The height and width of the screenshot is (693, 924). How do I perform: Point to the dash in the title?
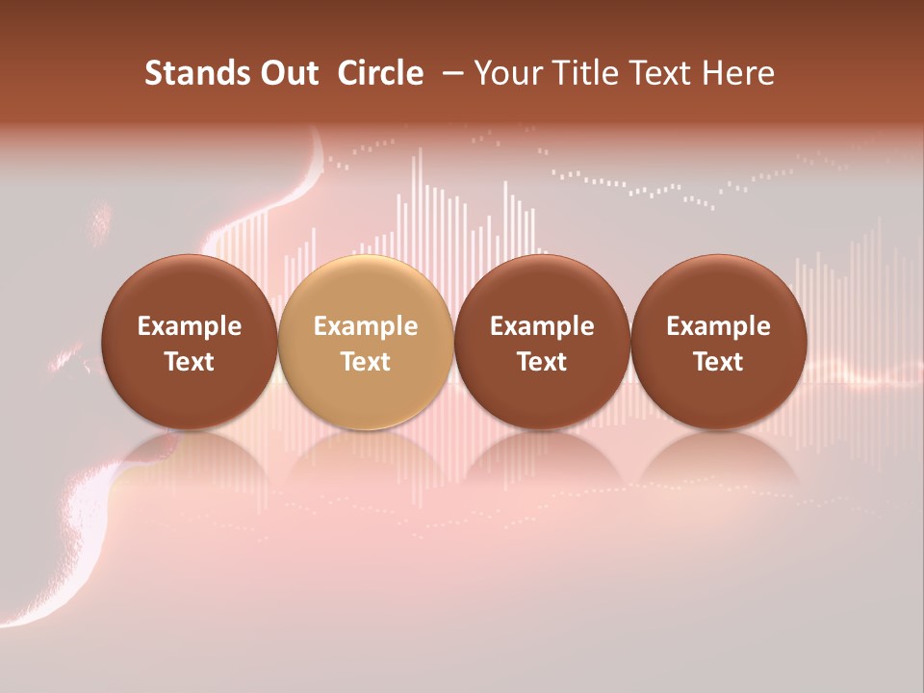point(449,73)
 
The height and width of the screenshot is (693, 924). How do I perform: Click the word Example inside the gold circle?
point(366,326)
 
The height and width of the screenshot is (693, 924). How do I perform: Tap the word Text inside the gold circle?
point(366,362)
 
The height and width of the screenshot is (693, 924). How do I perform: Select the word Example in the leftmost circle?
point(190,326)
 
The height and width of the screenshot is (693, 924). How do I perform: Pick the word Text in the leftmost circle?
point(190,362)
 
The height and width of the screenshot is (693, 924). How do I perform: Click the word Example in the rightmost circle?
point(718,326)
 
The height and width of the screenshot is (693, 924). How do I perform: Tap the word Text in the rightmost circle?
point(718,362)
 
